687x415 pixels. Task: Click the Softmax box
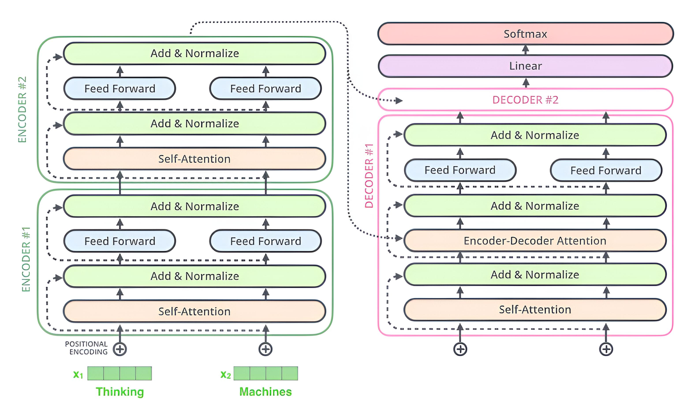[525, 34]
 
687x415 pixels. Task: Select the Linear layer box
[525, 66]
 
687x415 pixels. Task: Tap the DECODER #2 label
[525, 100]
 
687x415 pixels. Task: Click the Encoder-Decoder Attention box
[535, 241]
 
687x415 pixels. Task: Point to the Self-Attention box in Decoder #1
[535, 309]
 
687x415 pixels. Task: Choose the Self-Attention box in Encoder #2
[194, 159]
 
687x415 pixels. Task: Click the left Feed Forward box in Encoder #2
[120, 89]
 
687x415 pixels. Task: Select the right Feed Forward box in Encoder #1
[265, 241]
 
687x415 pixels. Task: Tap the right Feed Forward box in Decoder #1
[606, 170]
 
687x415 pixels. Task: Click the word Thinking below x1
[120, 392]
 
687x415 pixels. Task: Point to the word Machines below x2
[265, 392]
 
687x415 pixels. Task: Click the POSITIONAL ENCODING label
[87, 348]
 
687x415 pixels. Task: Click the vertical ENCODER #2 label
[22, 109]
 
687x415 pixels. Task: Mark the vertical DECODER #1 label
[369, 176]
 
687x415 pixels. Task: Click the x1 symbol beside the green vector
[78, 374]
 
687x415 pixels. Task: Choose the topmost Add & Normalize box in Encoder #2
[194, 53]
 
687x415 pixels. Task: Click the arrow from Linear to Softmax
[526, 50]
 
